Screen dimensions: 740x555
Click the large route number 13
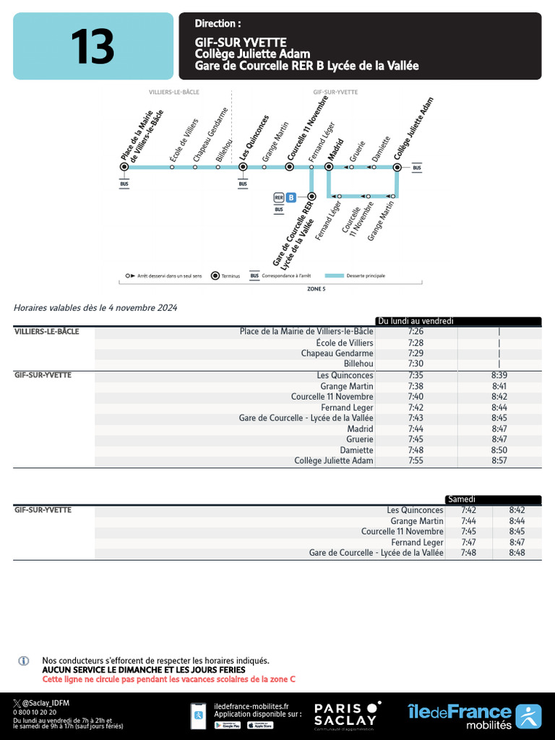(x=92, y=46)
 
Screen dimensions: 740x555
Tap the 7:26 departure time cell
(x=416, y=332)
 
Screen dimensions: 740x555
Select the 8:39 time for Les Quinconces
(x=499, y=375)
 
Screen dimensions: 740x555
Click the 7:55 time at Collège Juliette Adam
(x=416, y=461)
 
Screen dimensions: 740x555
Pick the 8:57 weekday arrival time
(x=499, y=461)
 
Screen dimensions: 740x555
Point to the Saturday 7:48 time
(x=469, y=553)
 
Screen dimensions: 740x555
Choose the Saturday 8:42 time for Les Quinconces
(x=516, y=510)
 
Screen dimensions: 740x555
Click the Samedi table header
(x=462, y=499)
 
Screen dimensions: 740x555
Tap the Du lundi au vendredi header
(x=416, y=321)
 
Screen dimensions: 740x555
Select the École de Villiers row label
(x=345, y=343)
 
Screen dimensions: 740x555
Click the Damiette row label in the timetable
(x=357, y=450)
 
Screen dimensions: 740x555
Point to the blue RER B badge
(x=291, y=197)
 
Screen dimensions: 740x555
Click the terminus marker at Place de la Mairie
(x=124, y=167)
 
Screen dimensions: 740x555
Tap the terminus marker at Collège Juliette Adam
(x=397, y=167)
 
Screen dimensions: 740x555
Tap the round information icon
(x=24, y=661)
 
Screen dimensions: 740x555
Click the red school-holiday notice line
(x=168, y=679)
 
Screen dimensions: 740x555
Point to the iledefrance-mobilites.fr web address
(x=251, y=706)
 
